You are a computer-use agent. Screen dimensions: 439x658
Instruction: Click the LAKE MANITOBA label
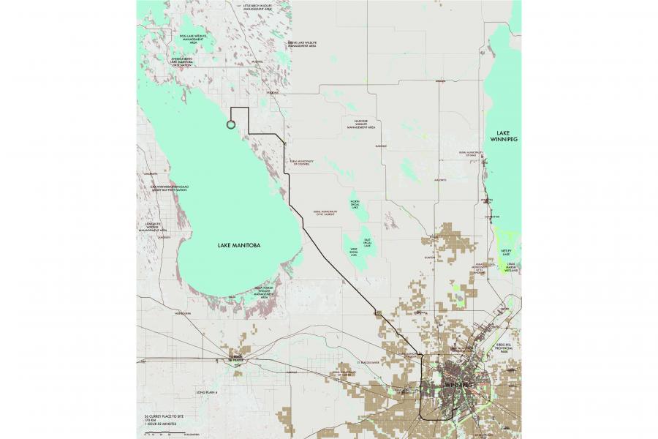pyautogui.click(x=241, y=245)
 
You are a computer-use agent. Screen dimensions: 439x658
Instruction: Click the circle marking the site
pyautogui.click(x=231, y=124)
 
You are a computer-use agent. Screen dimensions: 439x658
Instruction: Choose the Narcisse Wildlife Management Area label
pyautogui.click(x=360, y=125)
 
